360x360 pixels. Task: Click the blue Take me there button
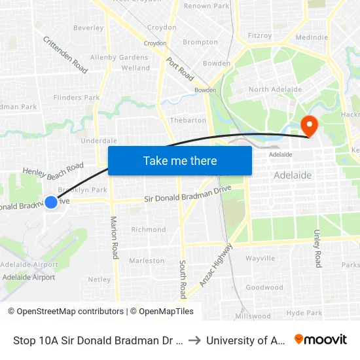point(180,160)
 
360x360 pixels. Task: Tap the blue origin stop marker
point(51,202)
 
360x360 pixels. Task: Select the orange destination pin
point(308,124)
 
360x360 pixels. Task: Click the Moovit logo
point(321,339)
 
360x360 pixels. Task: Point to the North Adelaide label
point(275,89)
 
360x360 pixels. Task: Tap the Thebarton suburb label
point(188,120)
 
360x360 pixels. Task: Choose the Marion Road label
point(115,238)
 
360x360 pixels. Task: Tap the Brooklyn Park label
point(82,190)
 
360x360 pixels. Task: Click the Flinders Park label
point(77,98)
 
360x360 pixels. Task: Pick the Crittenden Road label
point(65,54)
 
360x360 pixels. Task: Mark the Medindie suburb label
point(312,37)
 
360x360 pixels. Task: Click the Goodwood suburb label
point(264,287)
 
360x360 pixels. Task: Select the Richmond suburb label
point(149,230)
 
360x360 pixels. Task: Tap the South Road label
point(183,278)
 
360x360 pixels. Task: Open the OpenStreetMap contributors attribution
point(65,312)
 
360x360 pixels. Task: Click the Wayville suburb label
point(260,258)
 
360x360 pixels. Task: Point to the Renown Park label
point(207,6)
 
